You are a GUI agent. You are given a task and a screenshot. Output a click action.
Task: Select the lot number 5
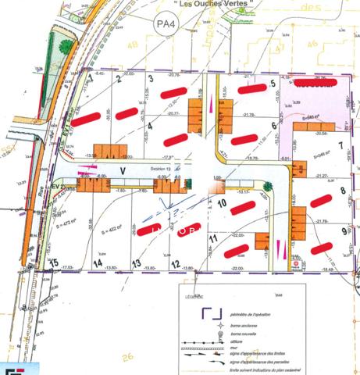point(273,84)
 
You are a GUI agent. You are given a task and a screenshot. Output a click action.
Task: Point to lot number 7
point(340,145)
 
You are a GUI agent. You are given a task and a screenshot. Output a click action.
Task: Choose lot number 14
point(98,263)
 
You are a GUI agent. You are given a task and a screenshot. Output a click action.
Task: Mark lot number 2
point(119,78)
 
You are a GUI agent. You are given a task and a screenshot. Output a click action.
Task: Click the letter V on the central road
point(123,169)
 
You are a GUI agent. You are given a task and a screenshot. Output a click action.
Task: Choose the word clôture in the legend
point(237,342)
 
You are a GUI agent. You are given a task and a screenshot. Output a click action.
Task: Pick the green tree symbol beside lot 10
point(267,186)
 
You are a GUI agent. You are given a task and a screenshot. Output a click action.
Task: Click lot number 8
point(342,191)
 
